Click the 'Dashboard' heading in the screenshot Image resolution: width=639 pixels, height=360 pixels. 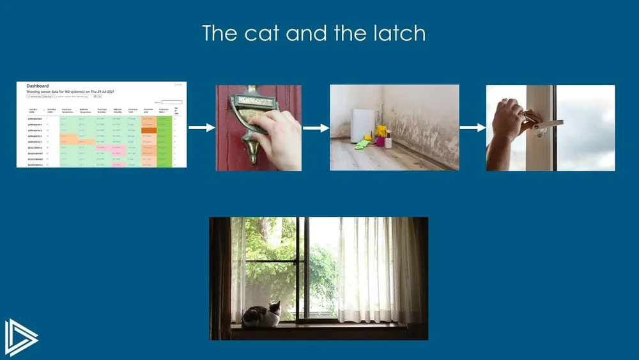(37, 86)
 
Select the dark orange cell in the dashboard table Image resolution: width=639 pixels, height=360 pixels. (148, 130)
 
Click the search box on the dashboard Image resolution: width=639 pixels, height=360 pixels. (171, 102)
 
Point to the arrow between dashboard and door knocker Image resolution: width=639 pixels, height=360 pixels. (201, 128)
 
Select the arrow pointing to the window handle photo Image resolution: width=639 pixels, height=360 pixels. (472, 128)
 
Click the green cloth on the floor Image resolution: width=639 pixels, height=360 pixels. (362, 145)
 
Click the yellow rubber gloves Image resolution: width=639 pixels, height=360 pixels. (381, 131)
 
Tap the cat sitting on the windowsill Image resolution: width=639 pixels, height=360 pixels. (263, 316)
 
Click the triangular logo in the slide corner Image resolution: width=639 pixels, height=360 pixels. (20, 336)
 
